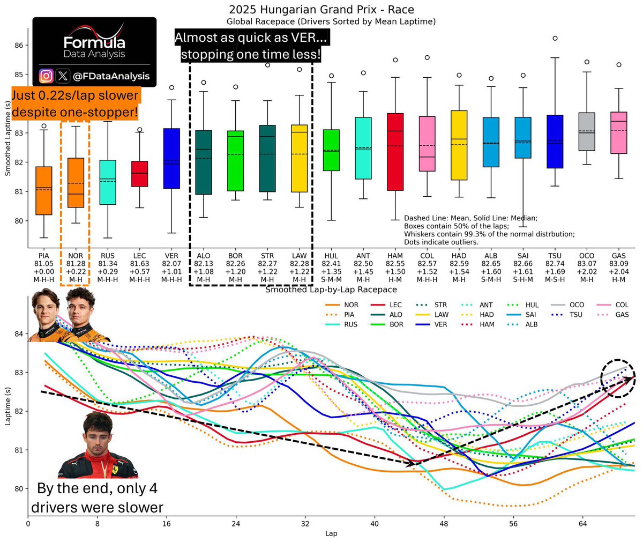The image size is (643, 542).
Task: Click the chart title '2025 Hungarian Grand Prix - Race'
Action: (321, 10)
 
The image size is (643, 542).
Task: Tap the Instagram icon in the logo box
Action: (47, 76)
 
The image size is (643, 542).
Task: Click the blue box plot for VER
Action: (171, 158)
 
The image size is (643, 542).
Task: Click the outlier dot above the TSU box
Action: (555, 38)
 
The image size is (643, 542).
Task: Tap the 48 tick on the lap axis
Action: (444, 523)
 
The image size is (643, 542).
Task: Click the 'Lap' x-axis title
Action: (331, 534)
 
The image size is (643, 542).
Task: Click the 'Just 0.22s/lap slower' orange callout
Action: (75, 104)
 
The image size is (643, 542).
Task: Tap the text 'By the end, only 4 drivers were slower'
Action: (97, 498)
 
